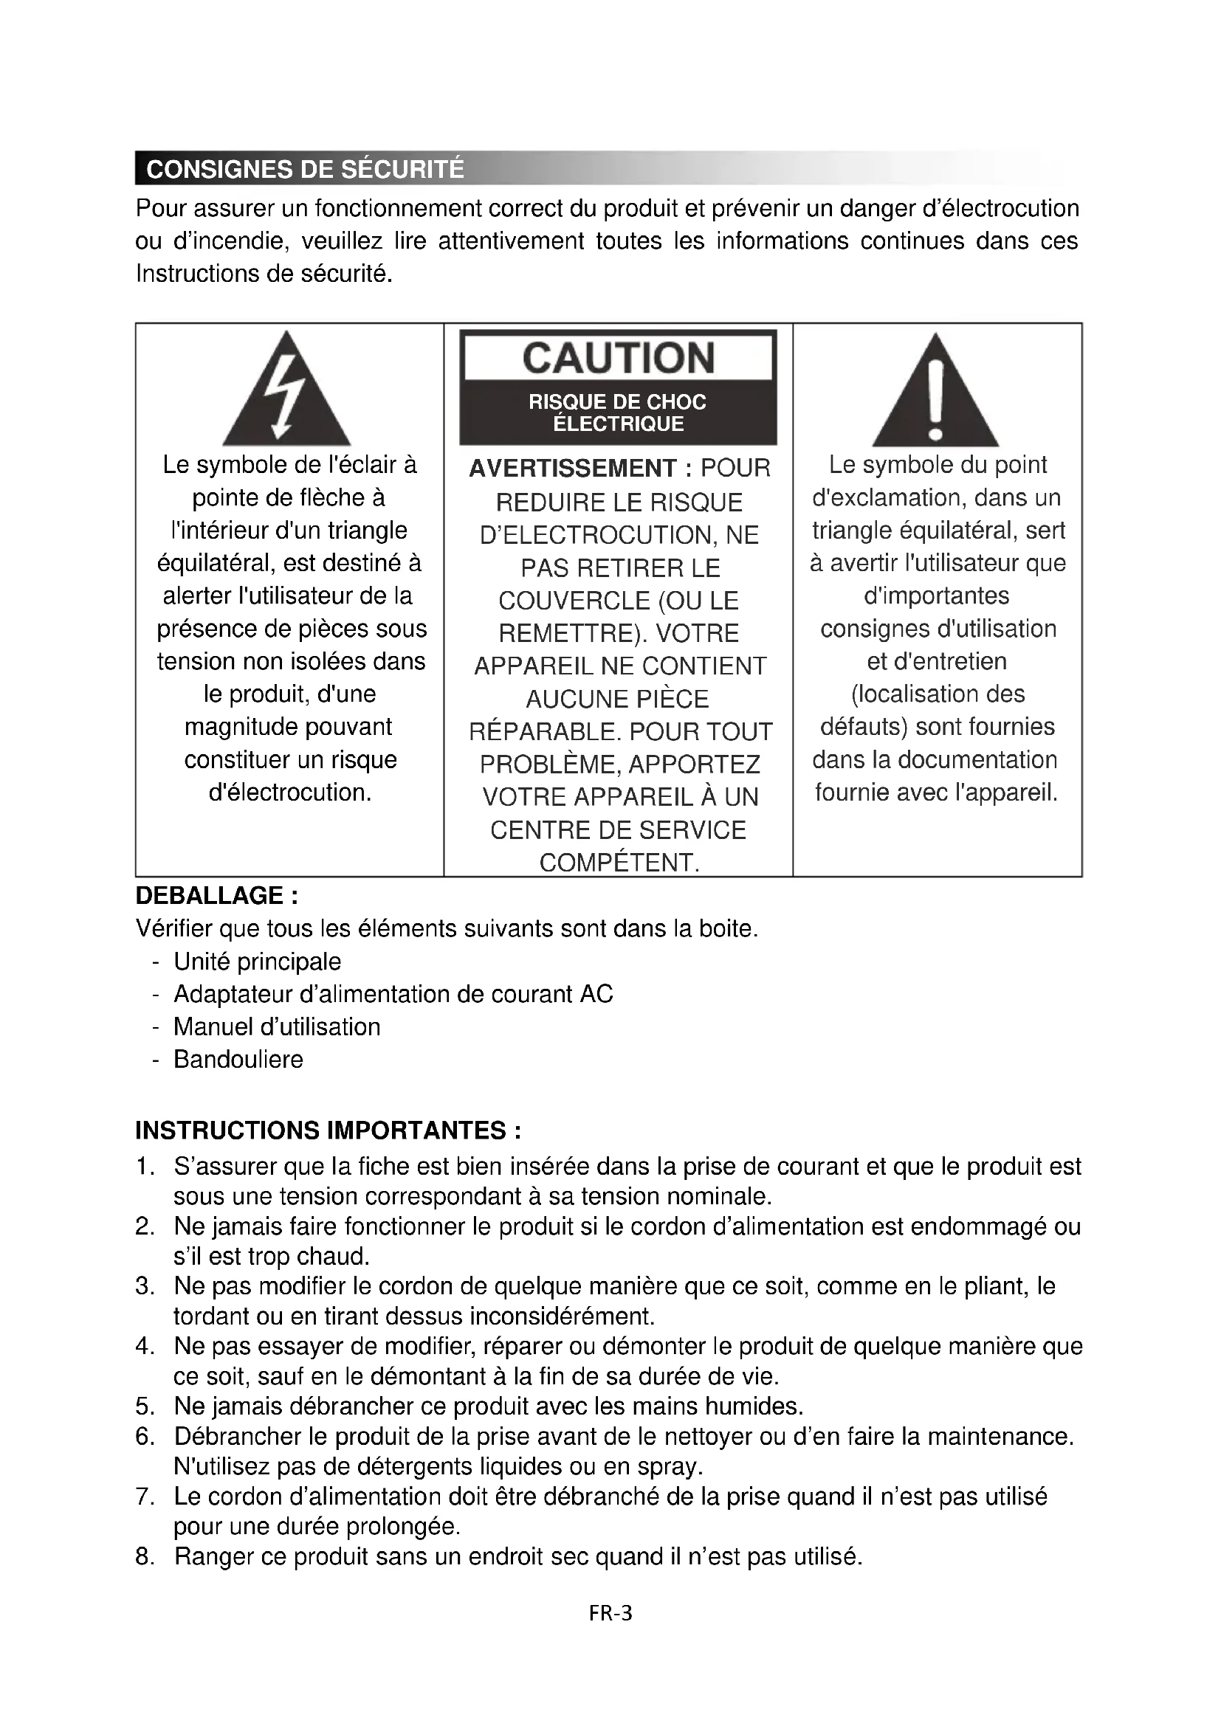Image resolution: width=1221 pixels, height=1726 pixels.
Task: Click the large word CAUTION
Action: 618,358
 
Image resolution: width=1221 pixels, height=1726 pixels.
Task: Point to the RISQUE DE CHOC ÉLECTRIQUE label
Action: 618,412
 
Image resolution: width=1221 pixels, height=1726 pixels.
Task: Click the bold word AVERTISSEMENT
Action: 571,469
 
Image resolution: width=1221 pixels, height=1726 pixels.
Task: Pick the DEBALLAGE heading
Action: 216,896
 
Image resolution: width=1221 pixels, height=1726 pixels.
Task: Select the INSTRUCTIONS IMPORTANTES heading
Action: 328,1130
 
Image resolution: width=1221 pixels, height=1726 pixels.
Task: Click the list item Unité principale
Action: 257,962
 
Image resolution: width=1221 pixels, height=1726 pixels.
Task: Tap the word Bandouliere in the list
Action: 238,1059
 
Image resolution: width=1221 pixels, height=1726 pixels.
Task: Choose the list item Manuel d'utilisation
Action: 277,1027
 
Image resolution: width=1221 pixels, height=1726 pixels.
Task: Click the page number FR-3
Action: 610,1612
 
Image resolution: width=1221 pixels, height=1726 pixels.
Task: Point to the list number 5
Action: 145,1406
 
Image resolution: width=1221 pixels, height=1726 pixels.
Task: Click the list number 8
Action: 145,1556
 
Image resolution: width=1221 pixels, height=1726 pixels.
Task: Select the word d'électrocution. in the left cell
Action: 290,793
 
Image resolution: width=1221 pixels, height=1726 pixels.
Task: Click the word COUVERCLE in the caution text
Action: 575,601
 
